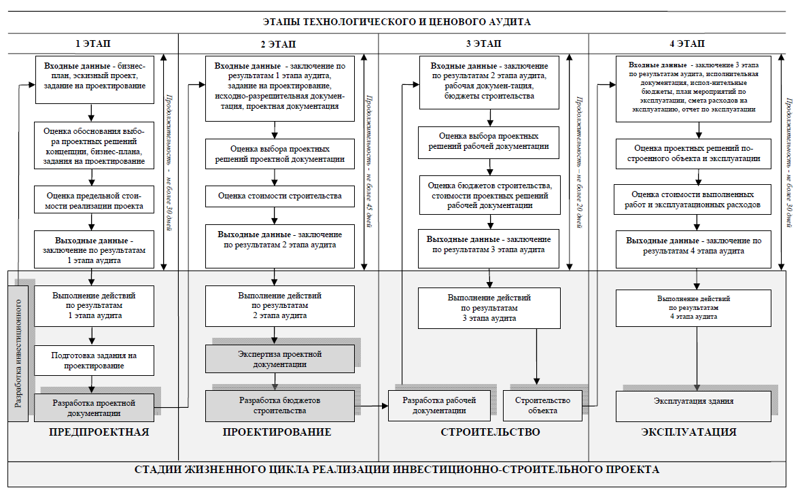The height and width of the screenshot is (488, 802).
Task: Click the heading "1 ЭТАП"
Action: point(92,43)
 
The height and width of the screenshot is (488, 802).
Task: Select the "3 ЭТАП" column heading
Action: point(483,43)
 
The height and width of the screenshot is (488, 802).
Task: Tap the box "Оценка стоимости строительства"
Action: point(280,196)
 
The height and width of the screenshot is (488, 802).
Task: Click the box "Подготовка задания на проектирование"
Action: point(94,361)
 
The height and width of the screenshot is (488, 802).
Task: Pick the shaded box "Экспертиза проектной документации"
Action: point(280,359)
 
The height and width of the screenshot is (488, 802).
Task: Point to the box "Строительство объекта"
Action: point(542,406)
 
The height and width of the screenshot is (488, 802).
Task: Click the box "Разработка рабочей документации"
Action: point(439,406)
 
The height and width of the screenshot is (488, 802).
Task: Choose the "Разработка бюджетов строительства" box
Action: point(280,406)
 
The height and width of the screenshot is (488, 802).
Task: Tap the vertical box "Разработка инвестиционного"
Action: point(18,353)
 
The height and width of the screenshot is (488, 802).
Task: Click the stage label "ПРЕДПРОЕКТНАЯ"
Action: point(99,432)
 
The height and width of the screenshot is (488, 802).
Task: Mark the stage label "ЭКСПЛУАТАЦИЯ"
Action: point(688,432)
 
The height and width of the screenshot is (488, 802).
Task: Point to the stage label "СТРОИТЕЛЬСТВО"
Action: point(490,432)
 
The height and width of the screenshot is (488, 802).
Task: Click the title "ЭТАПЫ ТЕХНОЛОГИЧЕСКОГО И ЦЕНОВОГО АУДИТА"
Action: point(396,22)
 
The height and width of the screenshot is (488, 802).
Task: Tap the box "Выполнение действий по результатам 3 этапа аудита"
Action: point(489,308)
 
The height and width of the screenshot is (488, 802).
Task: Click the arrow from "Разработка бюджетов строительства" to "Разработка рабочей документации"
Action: point(371,406)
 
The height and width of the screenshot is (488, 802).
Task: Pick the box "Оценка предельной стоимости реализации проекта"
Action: point(94,200)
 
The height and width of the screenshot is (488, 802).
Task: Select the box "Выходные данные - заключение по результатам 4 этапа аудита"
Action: point(693,246)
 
